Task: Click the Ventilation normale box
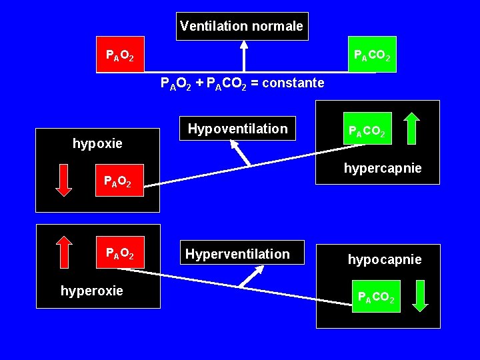pos(242,27)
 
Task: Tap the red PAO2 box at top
pos(119,55)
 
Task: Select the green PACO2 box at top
pos(372,55)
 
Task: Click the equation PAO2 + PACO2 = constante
pos(243,83)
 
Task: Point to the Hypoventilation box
pos(237,129)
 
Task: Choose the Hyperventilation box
pos(237,254)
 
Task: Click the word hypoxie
pos(97,143)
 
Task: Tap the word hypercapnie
pos(383,169)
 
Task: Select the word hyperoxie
pos(92,291)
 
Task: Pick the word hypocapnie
pos(385,259)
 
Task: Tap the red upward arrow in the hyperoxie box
pos(63,252)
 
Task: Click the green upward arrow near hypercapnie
pos(411,129)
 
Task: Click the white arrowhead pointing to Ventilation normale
pos(244,45)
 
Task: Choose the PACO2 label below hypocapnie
pos(376,297)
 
